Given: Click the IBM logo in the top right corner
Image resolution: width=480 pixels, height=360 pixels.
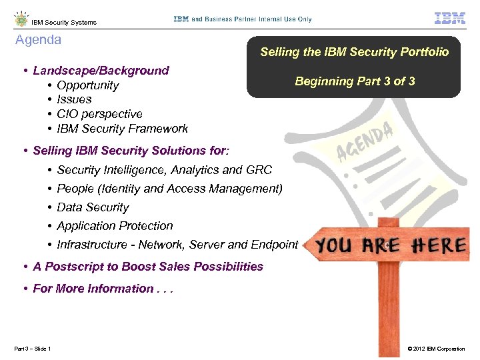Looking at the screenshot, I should [449, 19].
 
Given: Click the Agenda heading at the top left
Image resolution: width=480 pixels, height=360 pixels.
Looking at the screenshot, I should [38, 40].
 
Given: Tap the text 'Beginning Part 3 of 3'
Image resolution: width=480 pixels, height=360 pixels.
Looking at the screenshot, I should [355, 81].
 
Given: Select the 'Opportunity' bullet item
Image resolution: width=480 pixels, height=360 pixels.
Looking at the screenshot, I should [87, 85].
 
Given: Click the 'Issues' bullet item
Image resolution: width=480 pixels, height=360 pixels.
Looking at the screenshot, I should [74, 99].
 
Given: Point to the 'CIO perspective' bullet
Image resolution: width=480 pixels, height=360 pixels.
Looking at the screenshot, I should [99, 114].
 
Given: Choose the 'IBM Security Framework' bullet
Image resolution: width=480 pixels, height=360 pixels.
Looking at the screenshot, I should [122, 129].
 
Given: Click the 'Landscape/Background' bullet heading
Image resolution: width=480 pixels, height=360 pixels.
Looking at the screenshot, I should [101, 71].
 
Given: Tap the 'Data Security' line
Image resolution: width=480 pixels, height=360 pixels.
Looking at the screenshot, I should [93, 207].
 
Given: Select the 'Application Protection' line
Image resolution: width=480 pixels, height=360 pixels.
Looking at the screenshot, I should [115, 226].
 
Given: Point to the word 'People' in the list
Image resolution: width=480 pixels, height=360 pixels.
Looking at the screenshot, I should [74, 189].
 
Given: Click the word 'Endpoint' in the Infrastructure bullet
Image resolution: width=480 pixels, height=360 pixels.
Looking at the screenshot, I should [274, 245].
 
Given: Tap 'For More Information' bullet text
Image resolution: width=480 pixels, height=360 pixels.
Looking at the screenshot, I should [93, 289].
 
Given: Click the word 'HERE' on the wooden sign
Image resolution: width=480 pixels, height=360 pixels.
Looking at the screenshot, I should [437, 245].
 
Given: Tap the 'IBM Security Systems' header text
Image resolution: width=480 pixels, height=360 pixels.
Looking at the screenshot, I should [63, 23].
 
